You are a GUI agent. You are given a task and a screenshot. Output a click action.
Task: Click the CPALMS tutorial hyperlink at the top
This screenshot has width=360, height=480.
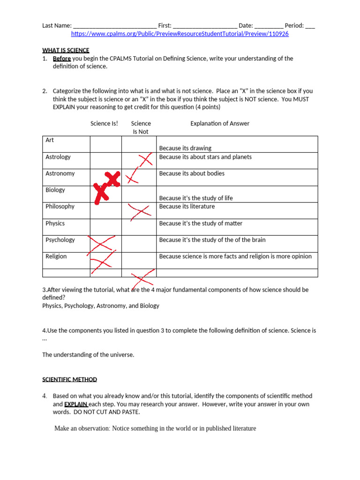point(180,34)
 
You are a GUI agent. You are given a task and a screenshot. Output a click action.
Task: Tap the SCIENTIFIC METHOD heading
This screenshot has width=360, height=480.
point(69,379)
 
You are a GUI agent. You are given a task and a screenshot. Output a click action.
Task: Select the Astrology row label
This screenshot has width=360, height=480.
point(58,157)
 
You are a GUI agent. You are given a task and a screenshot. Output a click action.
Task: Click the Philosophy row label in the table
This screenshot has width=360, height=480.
point(60,207)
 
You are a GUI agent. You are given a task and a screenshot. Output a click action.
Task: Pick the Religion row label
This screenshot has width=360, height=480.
point(56,256)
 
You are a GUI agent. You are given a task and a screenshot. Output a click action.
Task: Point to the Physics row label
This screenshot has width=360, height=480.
point(55,224)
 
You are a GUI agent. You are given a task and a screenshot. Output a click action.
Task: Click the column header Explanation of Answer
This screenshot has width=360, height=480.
point(220,124)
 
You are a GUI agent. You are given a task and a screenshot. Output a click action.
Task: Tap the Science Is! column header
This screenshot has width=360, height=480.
point(104,124)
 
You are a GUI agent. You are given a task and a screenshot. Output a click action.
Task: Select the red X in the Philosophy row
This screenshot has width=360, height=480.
point(140,211)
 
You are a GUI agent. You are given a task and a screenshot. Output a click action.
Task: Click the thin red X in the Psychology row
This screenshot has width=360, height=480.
point(102,243)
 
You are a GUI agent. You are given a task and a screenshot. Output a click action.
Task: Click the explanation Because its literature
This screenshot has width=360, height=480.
point(187,207)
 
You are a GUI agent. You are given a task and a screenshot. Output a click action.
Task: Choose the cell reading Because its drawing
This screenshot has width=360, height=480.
point(185,148)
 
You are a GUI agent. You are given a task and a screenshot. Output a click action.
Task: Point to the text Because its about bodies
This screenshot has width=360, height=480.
point(192,173)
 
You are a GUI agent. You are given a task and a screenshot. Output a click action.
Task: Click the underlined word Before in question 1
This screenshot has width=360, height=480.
point(62,59)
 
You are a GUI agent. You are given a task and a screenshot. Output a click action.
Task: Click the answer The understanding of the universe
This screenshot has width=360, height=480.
point(88,355)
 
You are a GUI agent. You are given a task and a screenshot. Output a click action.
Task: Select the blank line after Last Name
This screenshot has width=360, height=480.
point(115,26)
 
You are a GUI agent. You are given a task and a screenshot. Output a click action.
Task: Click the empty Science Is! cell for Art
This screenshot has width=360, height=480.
point(106,144)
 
